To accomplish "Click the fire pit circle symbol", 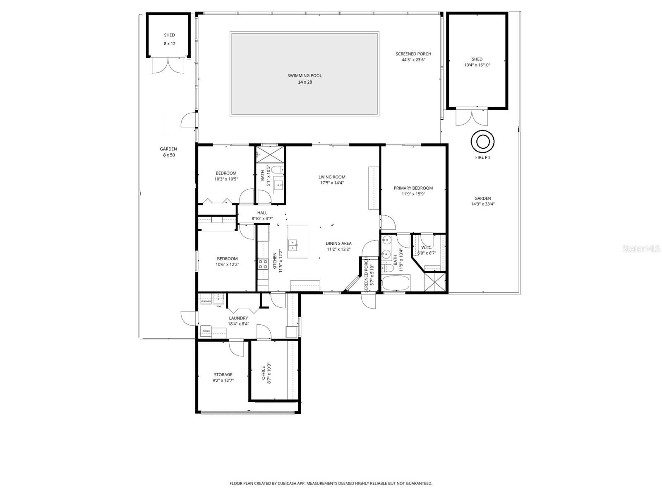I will pos(482,142).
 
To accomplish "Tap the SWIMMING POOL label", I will pos(305,75).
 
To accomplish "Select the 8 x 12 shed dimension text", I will pos(169,43).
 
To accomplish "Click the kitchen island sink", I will pos(293,245).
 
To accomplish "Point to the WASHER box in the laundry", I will pos(206,302).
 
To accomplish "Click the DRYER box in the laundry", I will pos(206,331).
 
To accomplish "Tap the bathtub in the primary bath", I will pos(396,284).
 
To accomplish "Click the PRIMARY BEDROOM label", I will pos(413,188).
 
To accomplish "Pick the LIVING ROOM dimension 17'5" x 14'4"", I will pos(332,183).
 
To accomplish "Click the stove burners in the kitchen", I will pos(263,264).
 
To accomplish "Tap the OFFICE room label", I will pos(264,373).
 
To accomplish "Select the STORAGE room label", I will pos(223,374).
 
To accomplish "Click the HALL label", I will pos(262,213).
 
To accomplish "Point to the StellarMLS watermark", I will pos(641,248).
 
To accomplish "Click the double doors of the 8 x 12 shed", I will pos(168,65).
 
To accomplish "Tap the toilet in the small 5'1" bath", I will pos(279,169).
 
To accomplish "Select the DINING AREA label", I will pos(338,244).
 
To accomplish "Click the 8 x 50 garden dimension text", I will pos(169,155).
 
